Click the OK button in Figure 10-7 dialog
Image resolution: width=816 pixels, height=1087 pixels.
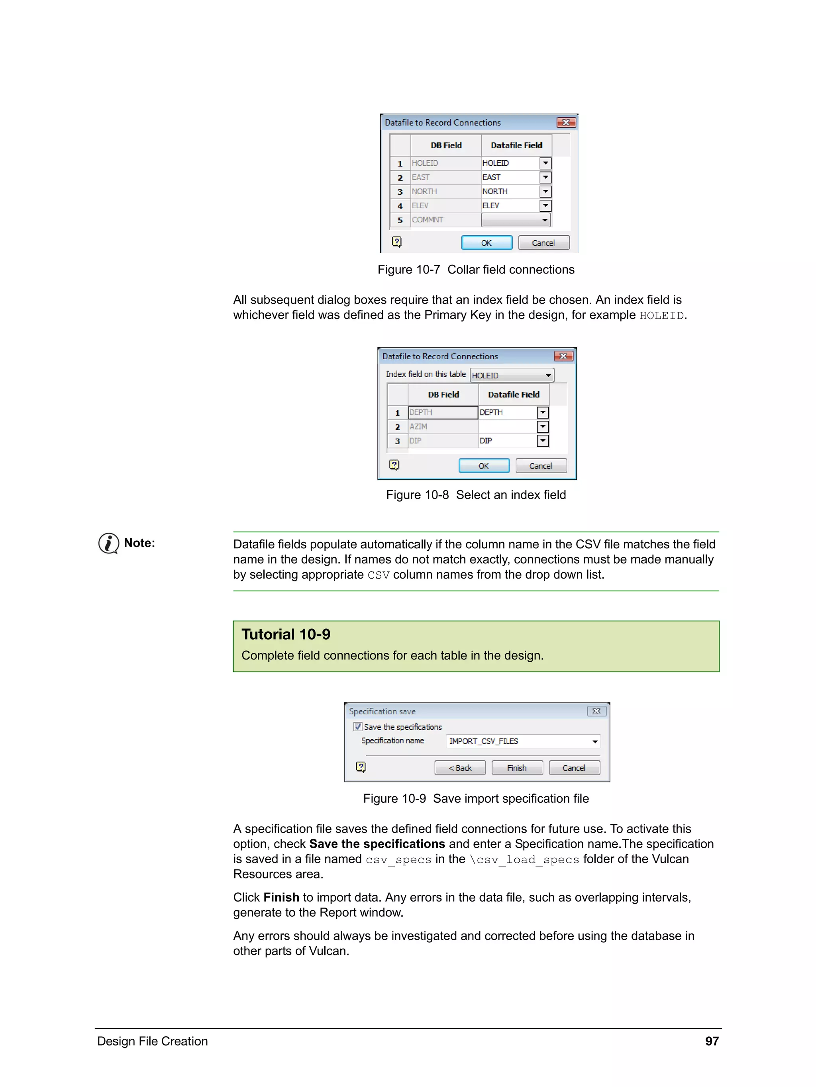pos(486,243)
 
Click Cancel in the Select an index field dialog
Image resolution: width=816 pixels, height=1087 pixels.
pos(541,466)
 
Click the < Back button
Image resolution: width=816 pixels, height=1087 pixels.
pos(459,768)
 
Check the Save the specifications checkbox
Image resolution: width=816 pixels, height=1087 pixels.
pos(358,727)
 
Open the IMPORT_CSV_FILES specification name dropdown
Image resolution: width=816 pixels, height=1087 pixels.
pos(594,742)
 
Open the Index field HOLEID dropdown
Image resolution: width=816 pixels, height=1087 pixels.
pos(548,376)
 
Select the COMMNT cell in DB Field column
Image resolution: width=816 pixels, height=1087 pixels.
pos(445,220)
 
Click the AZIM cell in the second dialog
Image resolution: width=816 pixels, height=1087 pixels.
pos(442,427)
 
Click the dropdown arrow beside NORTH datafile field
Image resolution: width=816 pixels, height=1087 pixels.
pos(545,192)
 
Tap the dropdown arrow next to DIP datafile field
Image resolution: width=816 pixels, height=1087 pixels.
pos(543,441)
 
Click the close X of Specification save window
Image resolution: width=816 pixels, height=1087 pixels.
pos(596,711)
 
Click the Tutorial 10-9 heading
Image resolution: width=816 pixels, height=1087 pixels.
pos(286,634)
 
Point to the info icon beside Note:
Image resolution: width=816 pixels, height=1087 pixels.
pos(108,543)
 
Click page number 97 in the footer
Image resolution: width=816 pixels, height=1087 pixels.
pos(712,1041)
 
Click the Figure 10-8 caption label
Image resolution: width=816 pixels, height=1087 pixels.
pos(475,495)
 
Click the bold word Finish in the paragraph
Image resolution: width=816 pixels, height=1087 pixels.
pos(281,897)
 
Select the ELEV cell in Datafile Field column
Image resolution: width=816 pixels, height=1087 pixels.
pos(509,205)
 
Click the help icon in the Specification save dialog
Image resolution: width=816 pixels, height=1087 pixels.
pos(361,767)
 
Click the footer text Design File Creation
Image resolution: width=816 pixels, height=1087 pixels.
pos(152,1041)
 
